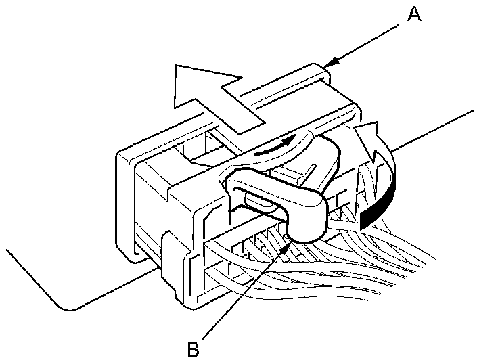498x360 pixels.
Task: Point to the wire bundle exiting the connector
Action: point(379,250)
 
